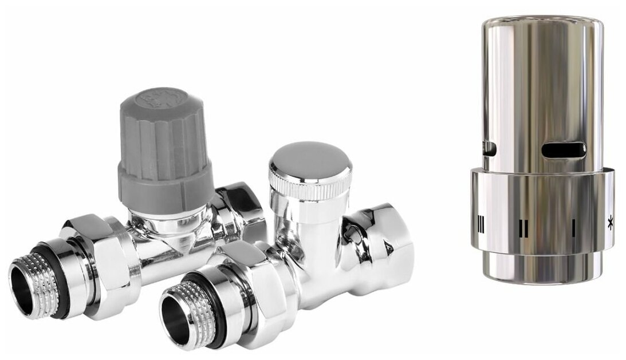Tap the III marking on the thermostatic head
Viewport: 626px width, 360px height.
[480, 226]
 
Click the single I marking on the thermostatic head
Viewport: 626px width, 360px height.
[573, 225]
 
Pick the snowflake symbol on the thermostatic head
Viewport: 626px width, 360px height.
[610, 224]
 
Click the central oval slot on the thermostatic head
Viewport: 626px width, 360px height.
[564, 150]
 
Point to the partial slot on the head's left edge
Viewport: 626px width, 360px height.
[489, 149]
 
